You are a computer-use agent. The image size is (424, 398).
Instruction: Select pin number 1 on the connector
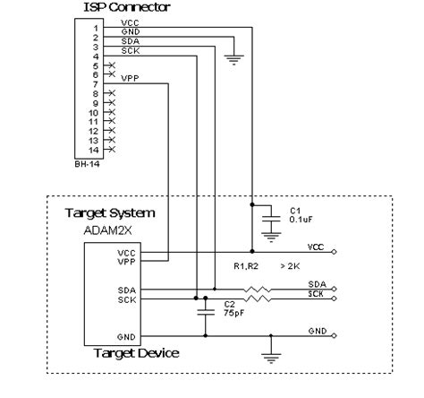click(x=96, y=27)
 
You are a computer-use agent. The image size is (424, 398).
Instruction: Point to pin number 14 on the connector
click(x=94, y=150)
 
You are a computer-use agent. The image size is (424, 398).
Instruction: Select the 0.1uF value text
click(x=300, y=221)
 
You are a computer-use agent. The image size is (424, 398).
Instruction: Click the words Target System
click(x=110, y=213)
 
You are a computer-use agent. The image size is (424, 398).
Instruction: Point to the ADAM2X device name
click(x=106, y=230)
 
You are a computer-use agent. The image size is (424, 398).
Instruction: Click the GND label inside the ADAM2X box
click(x=126, y=336)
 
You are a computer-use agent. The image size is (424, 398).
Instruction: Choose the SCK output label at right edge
click(x=317, y=295)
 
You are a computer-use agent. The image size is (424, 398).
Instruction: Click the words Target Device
click(x=136, y=354)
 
